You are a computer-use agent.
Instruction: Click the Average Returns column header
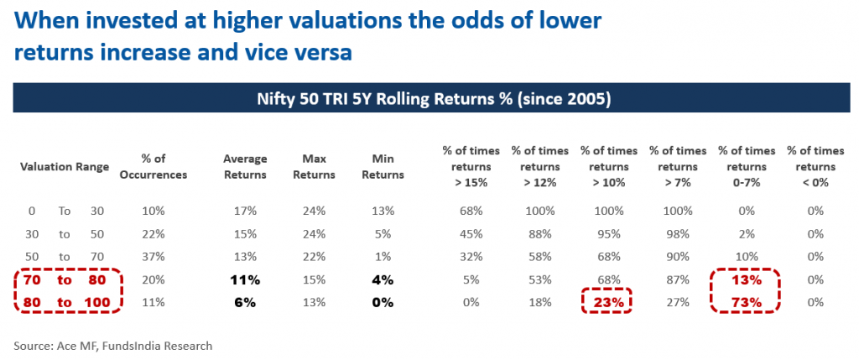(x=246, y=166)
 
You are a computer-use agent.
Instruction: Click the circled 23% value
(x=608, y=302)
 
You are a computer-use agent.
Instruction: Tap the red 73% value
(x=747, y=302)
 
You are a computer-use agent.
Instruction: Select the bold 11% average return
(x=246, y=279)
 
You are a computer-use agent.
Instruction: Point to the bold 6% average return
(x=246, y=302)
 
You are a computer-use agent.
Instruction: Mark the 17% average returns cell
(x=246, y=210)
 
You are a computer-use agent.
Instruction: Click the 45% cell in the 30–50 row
(x=471, y=233)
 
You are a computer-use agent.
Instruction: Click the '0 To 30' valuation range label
(x=65, y=210)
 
